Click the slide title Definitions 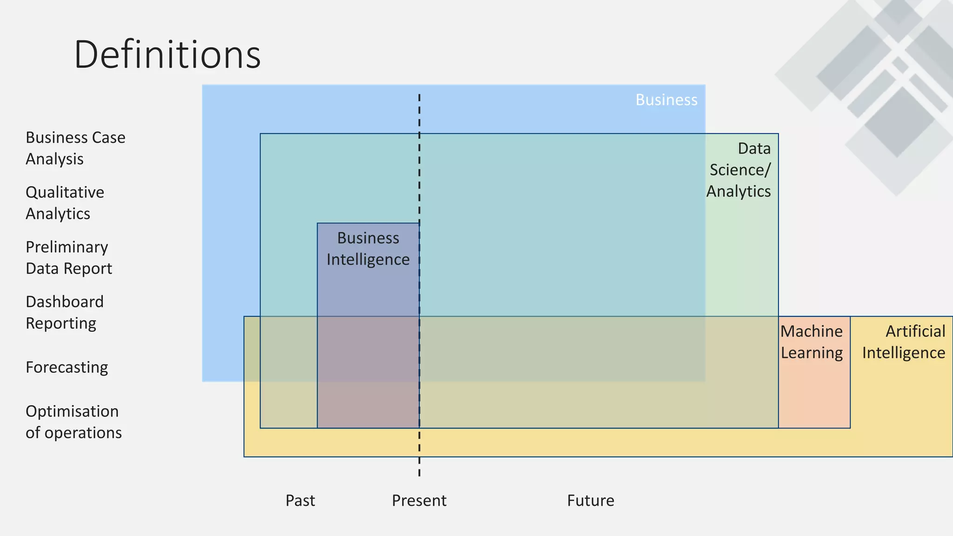pyautogui.click(x=167, y=55)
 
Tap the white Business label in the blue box pyautogui.click(x=666, y=100)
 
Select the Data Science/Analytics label pyautogui.click(x=739, y=170)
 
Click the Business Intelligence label pyautogui.click(x=368, y=249)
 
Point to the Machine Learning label pyautogui.click(x=812, y=342)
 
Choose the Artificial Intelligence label pyautogui.click(x=904, y=342)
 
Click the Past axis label pyautogui.click(x=300, y=501)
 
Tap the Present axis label pyautogui.click(x=419, y=501)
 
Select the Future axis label pyautogui.click(x=591, y=501)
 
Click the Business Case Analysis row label pyautogui.click(x=75, y=148)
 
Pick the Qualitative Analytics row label pyautogui.click(x=65, y=203)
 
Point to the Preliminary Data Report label pyautogui.click(x=69, y=258)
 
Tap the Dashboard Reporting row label pyautogui.click(x=64, y=312)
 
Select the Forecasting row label pyautogui.click(x=67, y=368)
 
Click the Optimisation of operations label pyautogui.click(x=74, y=422)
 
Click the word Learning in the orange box pyautogui.click(x=812, y=353)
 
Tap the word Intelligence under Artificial pyautogui.click(x=904, y=353)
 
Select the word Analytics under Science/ pyautogui.click(x=738, y=191)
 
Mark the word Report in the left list pyautogui.click(x=88, y=268)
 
